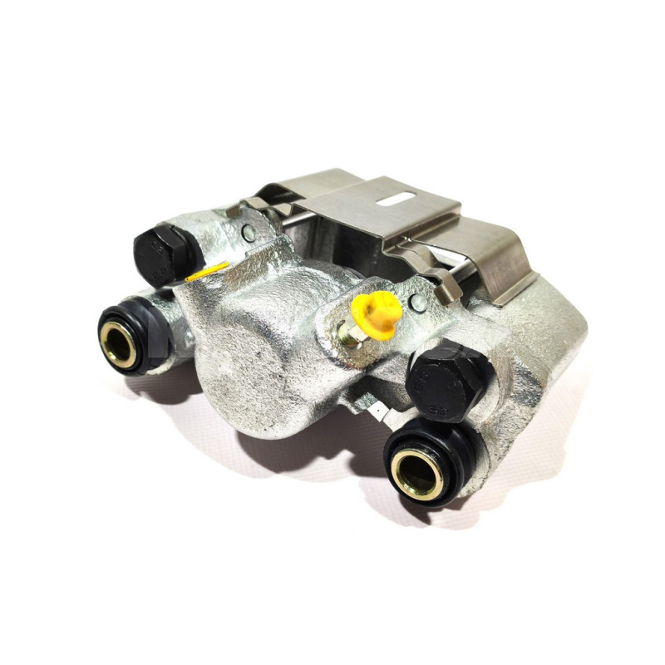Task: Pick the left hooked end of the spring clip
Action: click(x=249, y=204)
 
